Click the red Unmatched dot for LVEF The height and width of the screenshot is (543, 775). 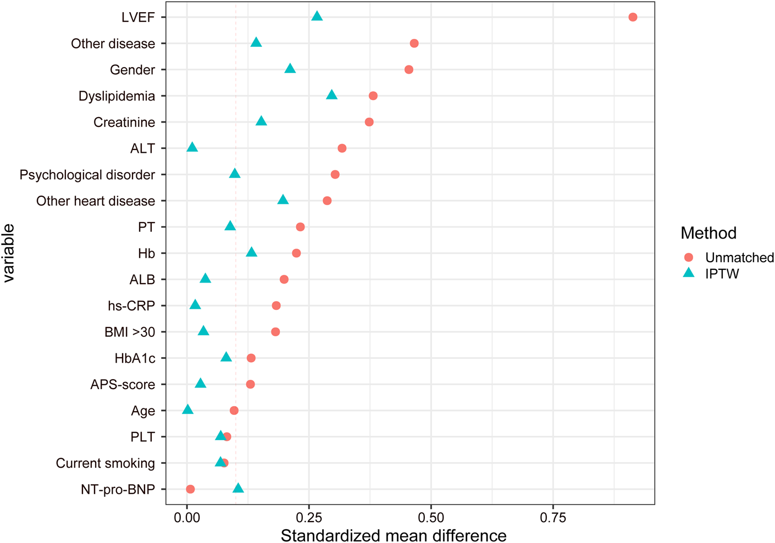point(633,17)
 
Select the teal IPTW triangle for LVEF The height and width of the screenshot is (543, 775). point(317,16)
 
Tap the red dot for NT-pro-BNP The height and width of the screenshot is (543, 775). point(190,489)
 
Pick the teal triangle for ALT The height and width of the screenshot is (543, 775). point(192,147)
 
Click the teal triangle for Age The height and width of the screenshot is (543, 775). point(187,410)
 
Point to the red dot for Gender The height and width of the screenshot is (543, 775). point(409,70)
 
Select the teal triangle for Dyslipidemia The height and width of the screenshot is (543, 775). point(331,95)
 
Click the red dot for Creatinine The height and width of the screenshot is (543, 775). point(369,122)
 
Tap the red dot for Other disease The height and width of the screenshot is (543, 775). point(414,43)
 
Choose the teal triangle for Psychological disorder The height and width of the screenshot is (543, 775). point(235,174)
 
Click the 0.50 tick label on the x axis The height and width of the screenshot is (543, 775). point(431,518)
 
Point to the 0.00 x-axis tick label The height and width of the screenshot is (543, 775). point(187,518)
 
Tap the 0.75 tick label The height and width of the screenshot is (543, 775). point(553,518)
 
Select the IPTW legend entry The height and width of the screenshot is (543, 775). point(722,273)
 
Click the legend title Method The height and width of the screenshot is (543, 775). point(708,233)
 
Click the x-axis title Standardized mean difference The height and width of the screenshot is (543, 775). point(394,535)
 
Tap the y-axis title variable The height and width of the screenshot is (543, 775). point(9,253)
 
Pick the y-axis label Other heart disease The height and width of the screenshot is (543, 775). point(96,201)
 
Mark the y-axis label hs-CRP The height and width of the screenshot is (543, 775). point(131,306)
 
